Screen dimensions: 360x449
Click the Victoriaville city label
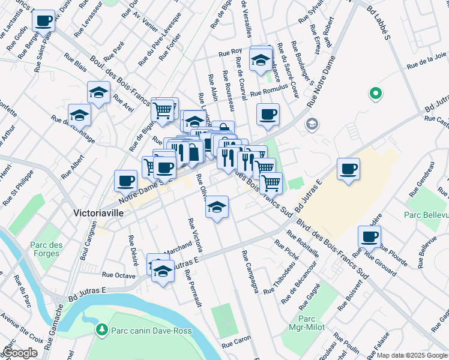click(x=100, y=212)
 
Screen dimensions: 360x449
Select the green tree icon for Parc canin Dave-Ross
click(x=101, y=329)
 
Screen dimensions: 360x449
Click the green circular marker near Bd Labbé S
click(x=375, y=94)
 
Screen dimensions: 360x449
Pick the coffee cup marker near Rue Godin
click(x=43, y=22)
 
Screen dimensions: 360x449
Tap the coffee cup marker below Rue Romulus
click(x=268, y=114)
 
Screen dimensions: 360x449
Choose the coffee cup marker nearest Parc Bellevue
click(x=369, y=236)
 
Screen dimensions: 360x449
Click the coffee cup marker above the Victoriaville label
click(x=126, y=180)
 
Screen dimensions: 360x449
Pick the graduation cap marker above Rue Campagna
click(x=217, y=207)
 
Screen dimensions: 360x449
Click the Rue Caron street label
click(x=237, y=345)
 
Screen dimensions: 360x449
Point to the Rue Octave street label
click(x=119, y=275)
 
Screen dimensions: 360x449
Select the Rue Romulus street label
click(x=266, y=93)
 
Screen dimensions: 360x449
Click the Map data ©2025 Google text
click(x=412, y=355)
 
